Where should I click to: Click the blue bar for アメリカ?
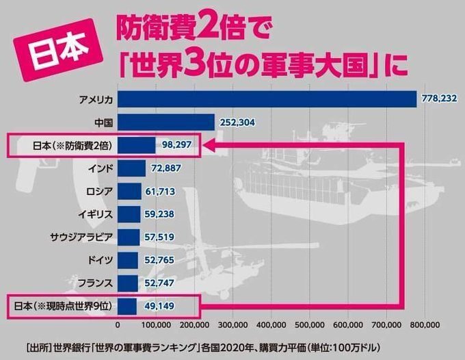pyautogui.click(x=267, y=99)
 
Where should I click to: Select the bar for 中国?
pyautogui.click(x=166, y=123)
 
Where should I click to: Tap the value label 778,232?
pyautogui.click(x=440, y=99)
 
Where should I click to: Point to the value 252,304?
pyautogui.click(x=239, y=123)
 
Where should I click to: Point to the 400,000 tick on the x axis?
pyautogui.click(x=272, y=324)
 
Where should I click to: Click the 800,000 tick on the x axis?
pyautogui.click(x=426, y=324)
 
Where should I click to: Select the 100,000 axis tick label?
pyautogui.click(x=157, y=324)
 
